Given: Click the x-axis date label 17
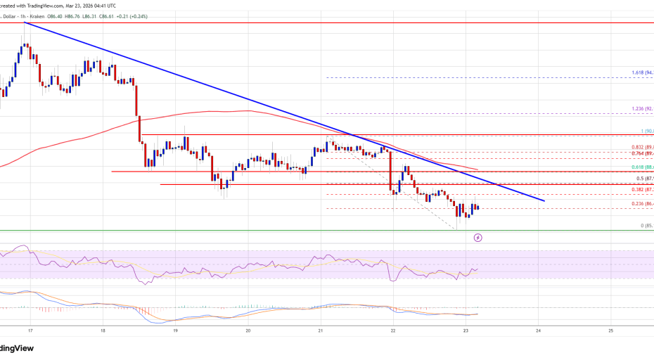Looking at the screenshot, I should coord(30,330).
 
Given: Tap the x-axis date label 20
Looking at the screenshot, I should coord(248,330).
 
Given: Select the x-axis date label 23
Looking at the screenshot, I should coord(466,330).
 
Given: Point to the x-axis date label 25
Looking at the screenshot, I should coord(610,330).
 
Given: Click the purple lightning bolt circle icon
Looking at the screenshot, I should coord(479,238).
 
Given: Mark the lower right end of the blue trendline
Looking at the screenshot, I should coord(544,201).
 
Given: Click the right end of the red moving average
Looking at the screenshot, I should coord(478,170).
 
